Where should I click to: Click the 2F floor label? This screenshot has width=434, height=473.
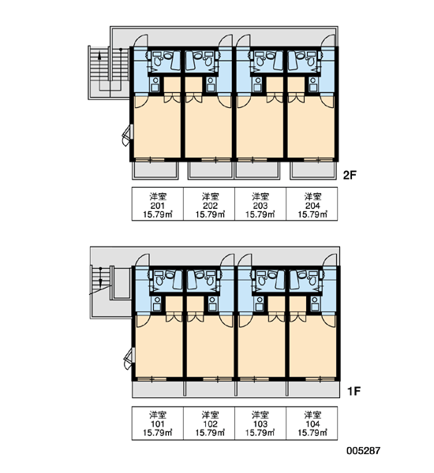[350, 175]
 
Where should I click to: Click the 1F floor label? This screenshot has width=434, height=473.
[354, 391]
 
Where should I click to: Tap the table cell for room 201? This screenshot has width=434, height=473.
[158, 204]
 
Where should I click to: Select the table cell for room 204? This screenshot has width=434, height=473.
[312, 204]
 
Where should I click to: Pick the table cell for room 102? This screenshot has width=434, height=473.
[209, 423]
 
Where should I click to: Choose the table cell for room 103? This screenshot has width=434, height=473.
[260, 423]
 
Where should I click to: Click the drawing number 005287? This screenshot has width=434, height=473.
[363, 451]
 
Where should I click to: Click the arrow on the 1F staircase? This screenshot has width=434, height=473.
[100, 276]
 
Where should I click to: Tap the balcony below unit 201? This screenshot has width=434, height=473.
[155, 170]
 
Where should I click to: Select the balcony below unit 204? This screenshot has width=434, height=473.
[313, 170]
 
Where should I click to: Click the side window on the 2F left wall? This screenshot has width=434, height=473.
[128, 135]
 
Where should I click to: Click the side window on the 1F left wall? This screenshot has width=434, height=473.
[129, 358]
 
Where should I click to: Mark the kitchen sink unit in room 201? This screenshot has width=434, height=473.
[155, 84]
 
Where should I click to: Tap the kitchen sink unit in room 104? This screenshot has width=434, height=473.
[315, 304]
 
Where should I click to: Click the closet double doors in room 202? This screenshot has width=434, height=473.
[193, 98]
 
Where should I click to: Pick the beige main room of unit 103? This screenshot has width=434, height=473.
[261, 347]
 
